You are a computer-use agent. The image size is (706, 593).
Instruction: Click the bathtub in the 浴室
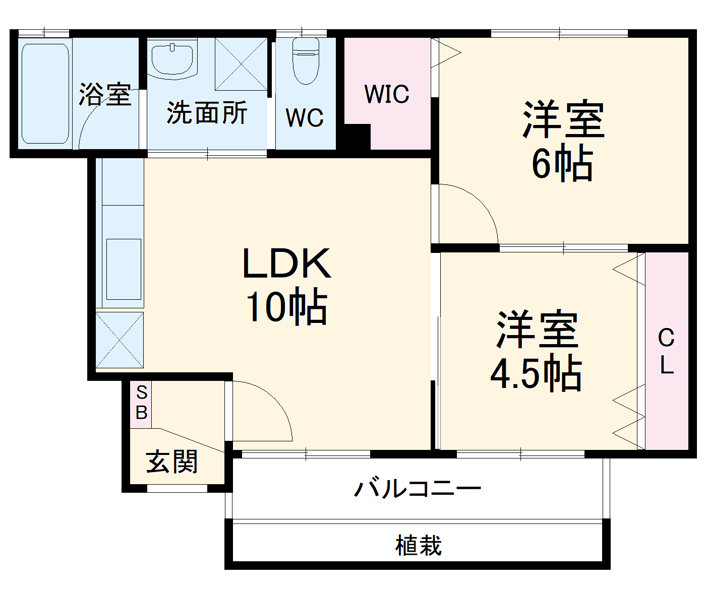pyautogui.click(x=45, y=93)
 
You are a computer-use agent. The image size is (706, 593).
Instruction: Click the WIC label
pyautogui.click(x=387, y=94)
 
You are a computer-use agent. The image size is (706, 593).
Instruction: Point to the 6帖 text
pyautogui.click(x=562, y=163)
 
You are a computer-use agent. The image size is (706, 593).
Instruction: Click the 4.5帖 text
pyautogui.click(x=536, y=373)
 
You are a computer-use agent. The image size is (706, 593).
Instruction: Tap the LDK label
pyautogui.click(x=286, y=263)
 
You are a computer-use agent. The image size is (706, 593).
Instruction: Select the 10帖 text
pyautogui.click(x=286, y=306)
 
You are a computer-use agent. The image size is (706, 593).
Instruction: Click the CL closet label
pyautogui.click(x=666, y=351)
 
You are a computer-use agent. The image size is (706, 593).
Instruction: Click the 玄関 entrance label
pyautogui.click(x=172, y=462)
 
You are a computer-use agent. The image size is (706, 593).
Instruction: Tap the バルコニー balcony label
pyautogui.click(x=418, y=488)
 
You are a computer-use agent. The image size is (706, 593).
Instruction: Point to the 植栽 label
pyautogui.click(x=418, y=546)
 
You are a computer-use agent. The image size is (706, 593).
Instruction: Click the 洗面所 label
pyautogui.click(x=207, y=112)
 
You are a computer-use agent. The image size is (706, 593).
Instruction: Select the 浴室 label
pyautogui.click(x=105, y=94)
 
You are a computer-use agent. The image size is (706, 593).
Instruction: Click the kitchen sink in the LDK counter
pyautogui.click(x=124, y=269)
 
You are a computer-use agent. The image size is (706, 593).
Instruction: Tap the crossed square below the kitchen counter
pyautogui.click(x=120, y=340)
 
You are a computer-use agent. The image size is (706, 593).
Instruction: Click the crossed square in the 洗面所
pyautogui.click(x=241, y=64)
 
